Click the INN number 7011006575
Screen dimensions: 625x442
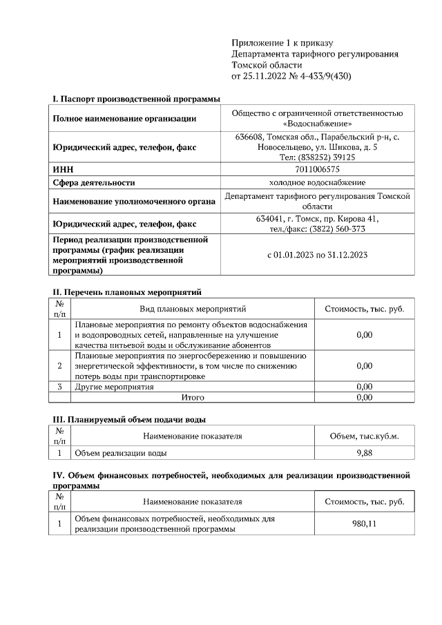pos(318,169)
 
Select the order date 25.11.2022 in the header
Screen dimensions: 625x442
pos(262,76)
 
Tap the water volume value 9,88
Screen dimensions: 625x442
pos(364,453)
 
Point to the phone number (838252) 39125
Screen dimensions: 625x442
pos(329,157)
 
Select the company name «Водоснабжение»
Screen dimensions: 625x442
pos(318,124)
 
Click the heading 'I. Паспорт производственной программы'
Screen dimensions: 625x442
pos(131,99)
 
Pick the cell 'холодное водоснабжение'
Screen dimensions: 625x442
pos(318,182)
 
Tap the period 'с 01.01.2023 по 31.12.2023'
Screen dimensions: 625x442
pos(318,255)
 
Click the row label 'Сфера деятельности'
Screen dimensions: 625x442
pos(94,183)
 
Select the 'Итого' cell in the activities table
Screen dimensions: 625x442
pos(193,398)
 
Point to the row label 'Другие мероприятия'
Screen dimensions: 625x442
pos(114,387)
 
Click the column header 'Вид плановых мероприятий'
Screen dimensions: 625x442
pos(193,309)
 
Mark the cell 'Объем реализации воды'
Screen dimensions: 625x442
pos(120,453)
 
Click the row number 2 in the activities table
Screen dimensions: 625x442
pos(60,366)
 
